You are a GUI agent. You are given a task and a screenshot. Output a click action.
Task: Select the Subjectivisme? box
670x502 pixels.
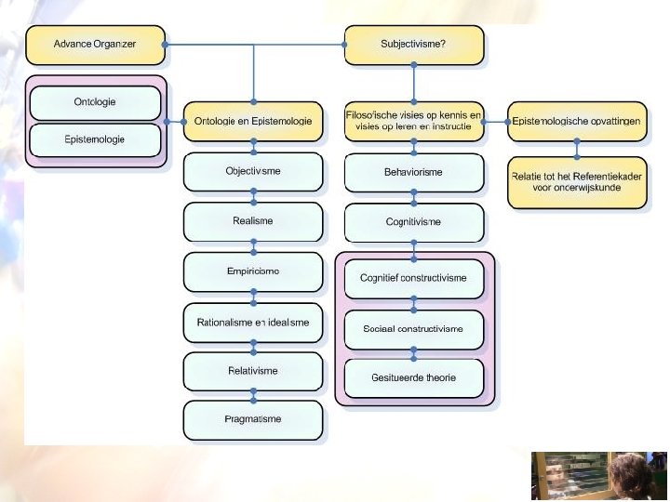click(413, 44)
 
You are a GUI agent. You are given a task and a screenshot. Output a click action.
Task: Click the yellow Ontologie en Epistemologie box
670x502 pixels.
click(252, 121)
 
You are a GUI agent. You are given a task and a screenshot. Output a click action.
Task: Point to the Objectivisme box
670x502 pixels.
click(252, 172)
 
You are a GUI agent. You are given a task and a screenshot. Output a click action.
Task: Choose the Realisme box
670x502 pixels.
click(252, 221)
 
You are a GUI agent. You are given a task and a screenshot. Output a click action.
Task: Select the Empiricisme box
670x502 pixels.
click(252, 271)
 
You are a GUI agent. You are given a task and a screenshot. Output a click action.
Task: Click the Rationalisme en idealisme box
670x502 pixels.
click(252, 322)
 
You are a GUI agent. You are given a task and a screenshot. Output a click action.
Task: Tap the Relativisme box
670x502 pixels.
click(252, 371)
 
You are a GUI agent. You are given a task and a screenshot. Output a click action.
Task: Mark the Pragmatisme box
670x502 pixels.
click(252, 419)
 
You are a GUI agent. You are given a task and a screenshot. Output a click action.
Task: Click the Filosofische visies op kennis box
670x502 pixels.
click(413, 121)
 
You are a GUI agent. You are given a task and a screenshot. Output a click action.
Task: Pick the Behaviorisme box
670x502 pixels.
click(413, 172)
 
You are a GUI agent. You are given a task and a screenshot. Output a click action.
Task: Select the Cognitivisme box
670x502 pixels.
click(413, 222)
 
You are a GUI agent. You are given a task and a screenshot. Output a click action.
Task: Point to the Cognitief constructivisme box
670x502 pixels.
click(413, 277)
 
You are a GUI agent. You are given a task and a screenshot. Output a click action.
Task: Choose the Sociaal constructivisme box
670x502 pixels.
click(413, 327)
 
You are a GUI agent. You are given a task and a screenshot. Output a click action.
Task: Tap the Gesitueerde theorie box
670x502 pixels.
click(413, 377)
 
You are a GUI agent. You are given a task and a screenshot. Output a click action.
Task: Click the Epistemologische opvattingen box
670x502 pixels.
click(577, 121)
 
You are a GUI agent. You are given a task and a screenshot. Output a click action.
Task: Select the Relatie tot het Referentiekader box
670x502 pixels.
click(577, 181)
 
